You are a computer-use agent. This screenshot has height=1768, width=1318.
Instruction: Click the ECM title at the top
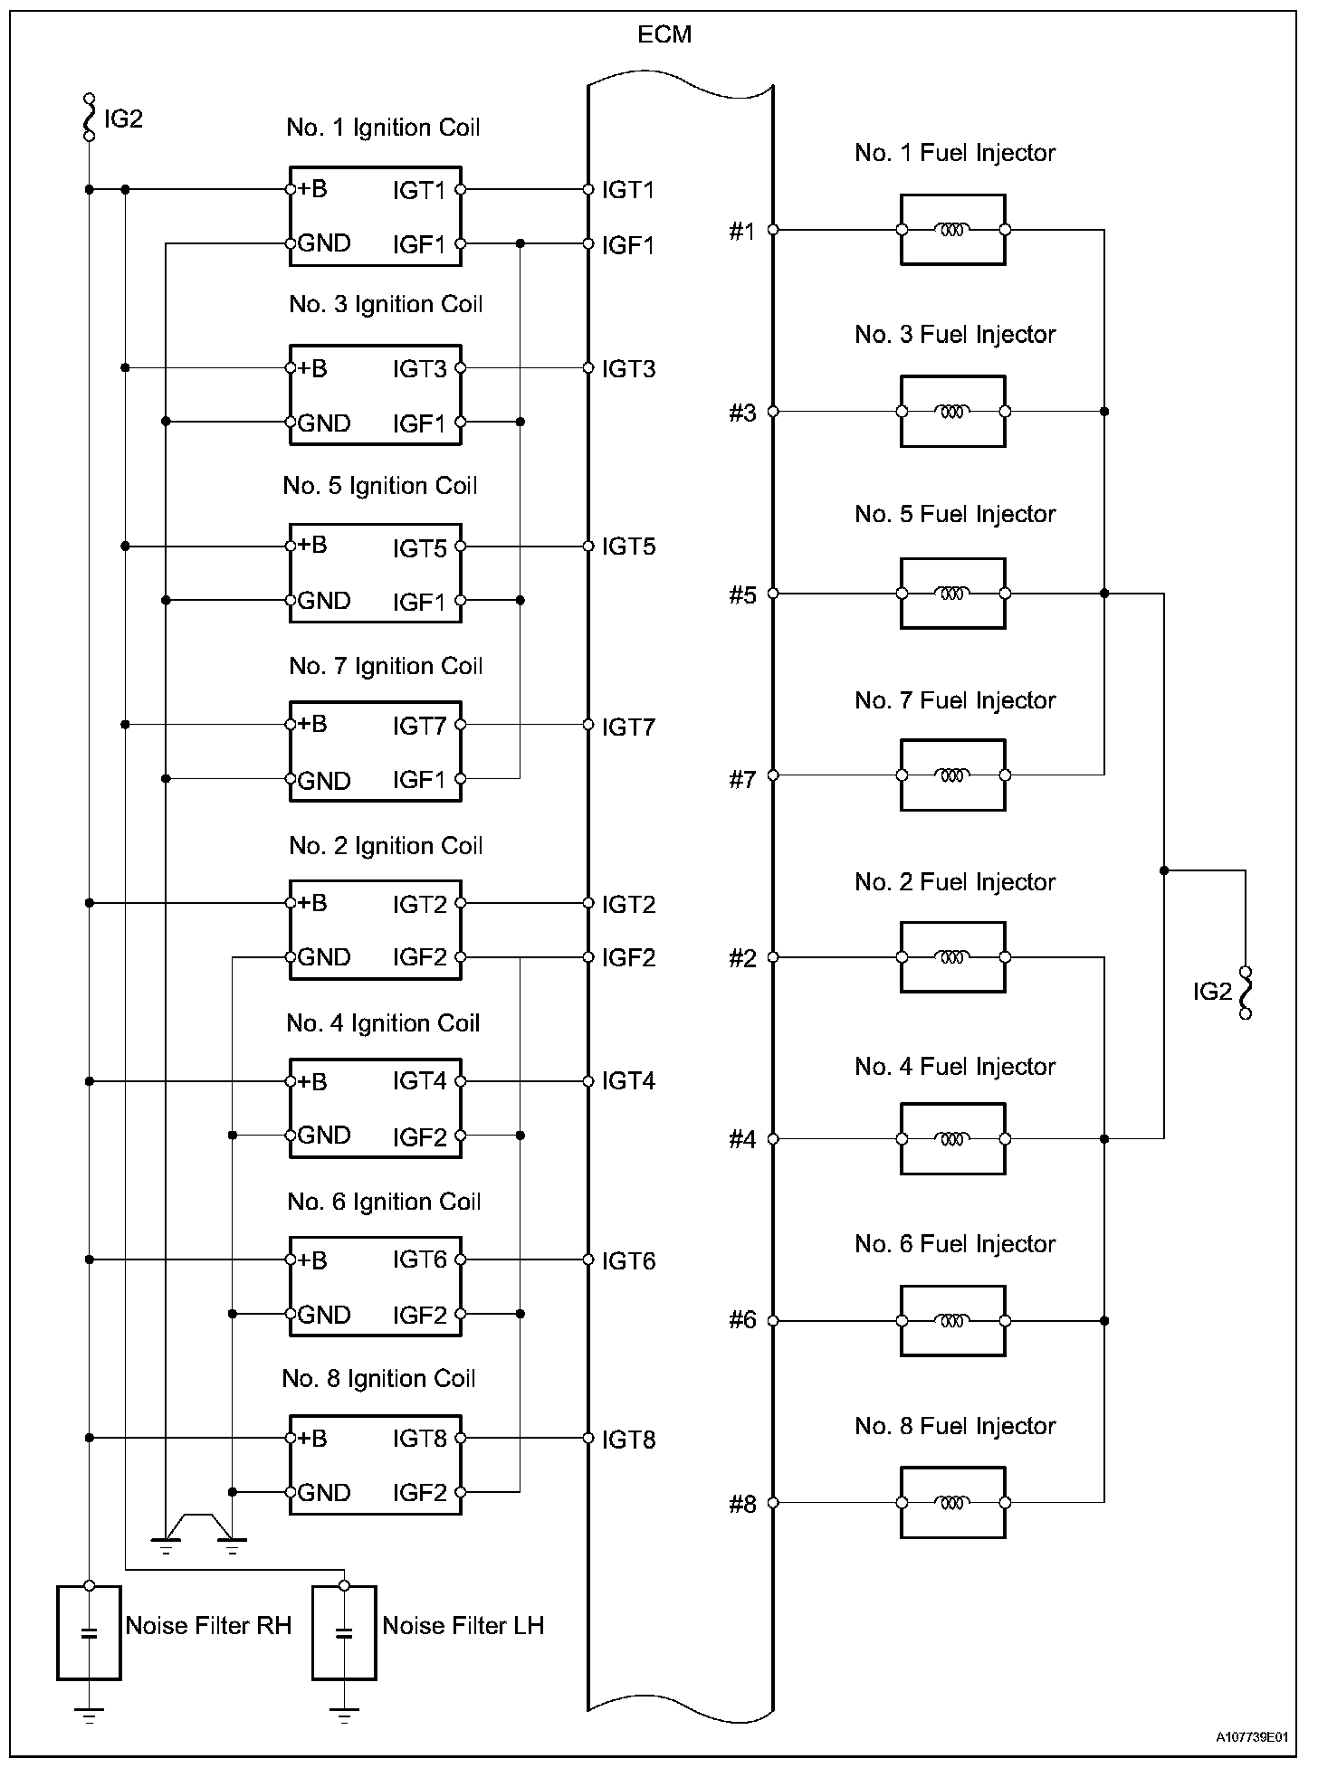(664, 34)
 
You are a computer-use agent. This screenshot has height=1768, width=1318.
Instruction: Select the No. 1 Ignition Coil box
(375, 216)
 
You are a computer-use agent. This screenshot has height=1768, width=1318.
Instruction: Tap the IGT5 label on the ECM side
(628, 547)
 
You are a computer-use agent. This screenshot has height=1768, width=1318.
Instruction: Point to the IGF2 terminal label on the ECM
(628, 957)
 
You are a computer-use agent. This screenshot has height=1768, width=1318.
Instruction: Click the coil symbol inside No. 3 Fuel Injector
(951, 412)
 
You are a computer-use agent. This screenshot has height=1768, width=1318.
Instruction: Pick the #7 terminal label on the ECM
(742, 779)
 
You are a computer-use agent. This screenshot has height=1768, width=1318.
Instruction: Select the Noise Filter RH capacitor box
(89, 1632)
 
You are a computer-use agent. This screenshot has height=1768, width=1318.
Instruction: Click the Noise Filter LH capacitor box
(343, 1632)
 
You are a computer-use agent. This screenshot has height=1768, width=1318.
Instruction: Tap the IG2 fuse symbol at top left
(89, 118)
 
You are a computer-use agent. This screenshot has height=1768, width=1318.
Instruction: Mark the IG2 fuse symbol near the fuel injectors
(1245, 992)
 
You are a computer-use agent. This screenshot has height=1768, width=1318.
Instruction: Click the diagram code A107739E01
(1251, 1737)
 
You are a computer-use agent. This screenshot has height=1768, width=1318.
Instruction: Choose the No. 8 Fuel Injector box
(952, 1503)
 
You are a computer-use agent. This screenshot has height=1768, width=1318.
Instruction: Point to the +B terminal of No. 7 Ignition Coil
(291, 725)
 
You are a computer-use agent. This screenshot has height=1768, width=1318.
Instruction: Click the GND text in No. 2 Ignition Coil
(324, 957)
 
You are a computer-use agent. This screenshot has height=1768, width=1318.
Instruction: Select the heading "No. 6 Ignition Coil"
(384, 1202)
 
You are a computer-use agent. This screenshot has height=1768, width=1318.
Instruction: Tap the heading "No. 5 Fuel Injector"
(955, 514)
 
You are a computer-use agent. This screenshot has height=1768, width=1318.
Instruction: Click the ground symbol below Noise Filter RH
(89, 1712)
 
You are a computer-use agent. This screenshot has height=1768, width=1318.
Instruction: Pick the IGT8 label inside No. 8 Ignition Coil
(419, 1439)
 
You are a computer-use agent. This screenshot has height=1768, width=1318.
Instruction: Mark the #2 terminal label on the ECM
(742, 958)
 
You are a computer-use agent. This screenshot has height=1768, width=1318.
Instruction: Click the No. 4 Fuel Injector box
(952, 1139)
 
